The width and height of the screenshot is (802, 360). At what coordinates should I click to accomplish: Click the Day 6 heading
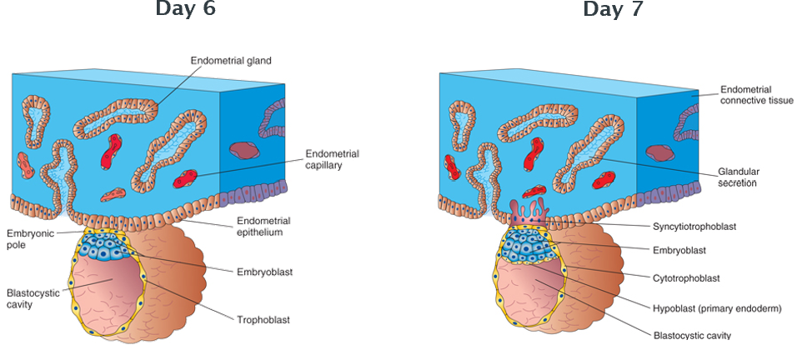[185, 9]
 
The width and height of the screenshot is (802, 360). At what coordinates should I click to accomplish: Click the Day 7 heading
[613, 9]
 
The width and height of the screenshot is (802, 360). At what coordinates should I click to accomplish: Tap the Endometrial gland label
[231, 61]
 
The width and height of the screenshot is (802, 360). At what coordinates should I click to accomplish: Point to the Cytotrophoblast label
[689, 278]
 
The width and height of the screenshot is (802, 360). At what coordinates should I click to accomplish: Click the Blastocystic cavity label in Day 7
[692, 335]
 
